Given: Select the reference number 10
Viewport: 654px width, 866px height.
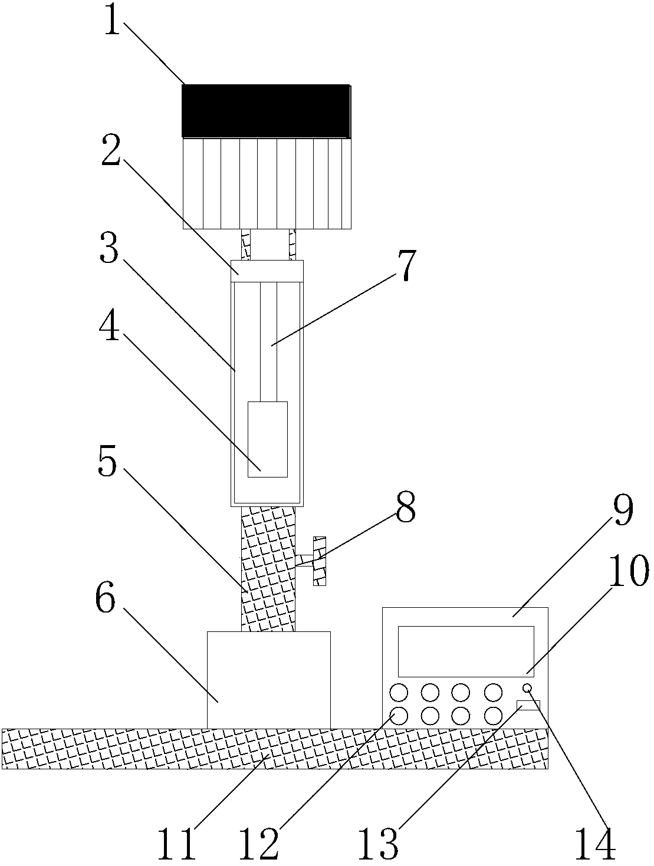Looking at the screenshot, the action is click(x=628, y=570).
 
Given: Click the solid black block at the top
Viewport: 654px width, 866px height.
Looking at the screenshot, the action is click(x=266, y=111).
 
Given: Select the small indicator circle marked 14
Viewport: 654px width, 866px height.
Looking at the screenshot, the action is click(x=527, y=688).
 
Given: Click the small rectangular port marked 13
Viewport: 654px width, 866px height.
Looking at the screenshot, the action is click(x=528, y=705).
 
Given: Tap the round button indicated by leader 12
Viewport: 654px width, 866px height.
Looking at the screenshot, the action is click(x=399, y=716).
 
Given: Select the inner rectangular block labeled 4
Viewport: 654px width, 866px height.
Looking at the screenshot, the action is click(x=268, y=439).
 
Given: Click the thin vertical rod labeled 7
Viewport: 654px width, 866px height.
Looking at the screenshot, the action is click(x=268, y=342).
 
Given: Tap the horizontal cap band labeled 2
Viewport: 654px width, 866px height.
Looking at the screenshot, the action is click(x=267, y=271).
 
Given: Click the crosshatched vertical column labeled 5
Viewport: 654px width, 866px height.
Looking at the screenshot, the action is click(x=268, y=569).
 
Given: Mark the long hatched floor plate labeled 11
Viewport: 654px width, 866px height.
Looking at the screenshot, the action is click(x=275, y=749).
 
